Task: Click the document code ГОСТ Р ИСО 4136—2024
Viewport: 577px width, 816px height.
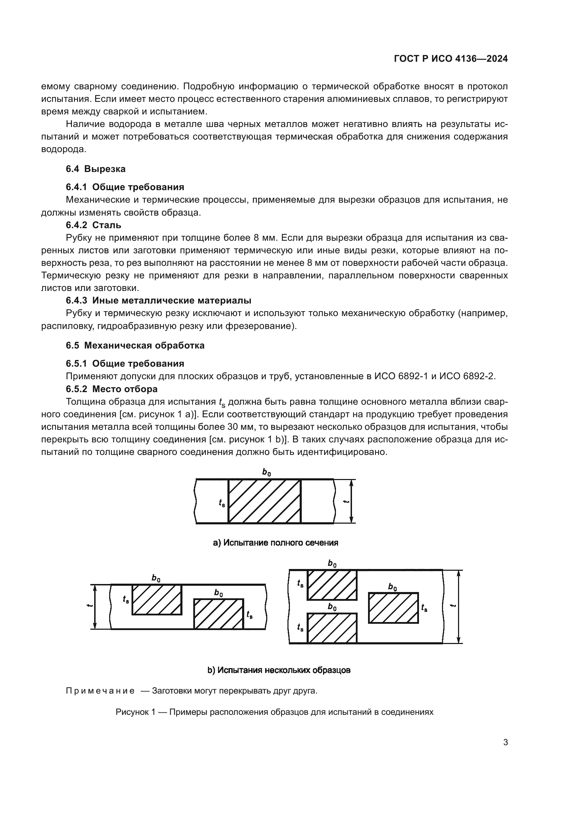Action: pyautogui.click(x=450, y=59)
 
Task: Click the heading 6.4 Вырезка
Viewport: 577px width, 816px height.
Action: pyautogui.click(x=96, y=169)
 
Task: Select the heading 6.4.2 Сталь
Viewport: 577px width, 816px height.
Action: pyautogui.click(x=93, y=225)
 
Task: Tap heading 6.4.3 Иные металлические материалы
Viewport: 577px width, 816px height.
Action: pyautogui.click(x=158, y=300)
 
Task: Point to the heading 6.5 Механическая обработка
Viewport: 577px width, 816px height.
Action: pyautogui.click(x=135, y=345)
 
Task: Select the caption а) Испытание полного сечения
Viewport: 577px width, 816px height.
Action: pyautogui.click(x=275, y=543)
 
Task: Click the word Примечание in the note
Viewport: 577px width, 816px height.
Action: pyautogui.click(x=100, y=691)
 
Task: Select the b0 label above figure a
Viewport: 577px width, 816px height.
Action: pyautogui.click(x=266, y=472)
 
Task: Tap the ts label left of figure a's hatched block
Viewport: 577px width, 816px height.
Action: pyautogui.click(x=222, y=503)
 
